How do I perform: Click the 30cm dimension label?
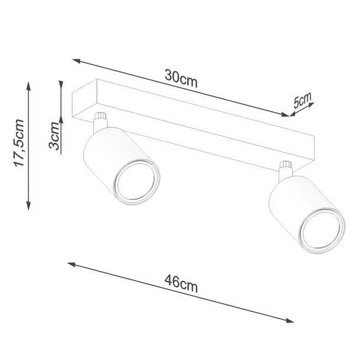click(x=181, y=78)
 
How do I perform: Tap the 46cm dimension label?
click(x=181, y=287)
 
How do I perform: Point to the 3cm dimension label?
click(x=54, y=137)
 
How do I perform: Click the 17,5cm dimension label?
click(x=19, y=143)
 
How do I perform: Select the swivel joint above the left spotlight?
click(x=101, y=120)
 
